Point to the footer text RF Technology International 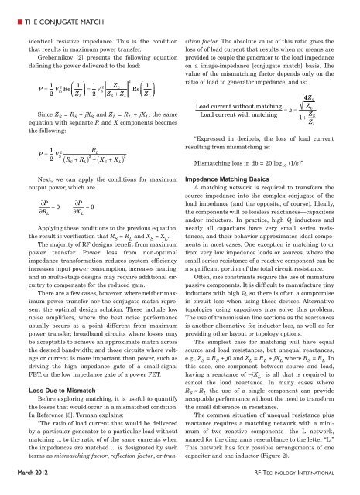(303, 484)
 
